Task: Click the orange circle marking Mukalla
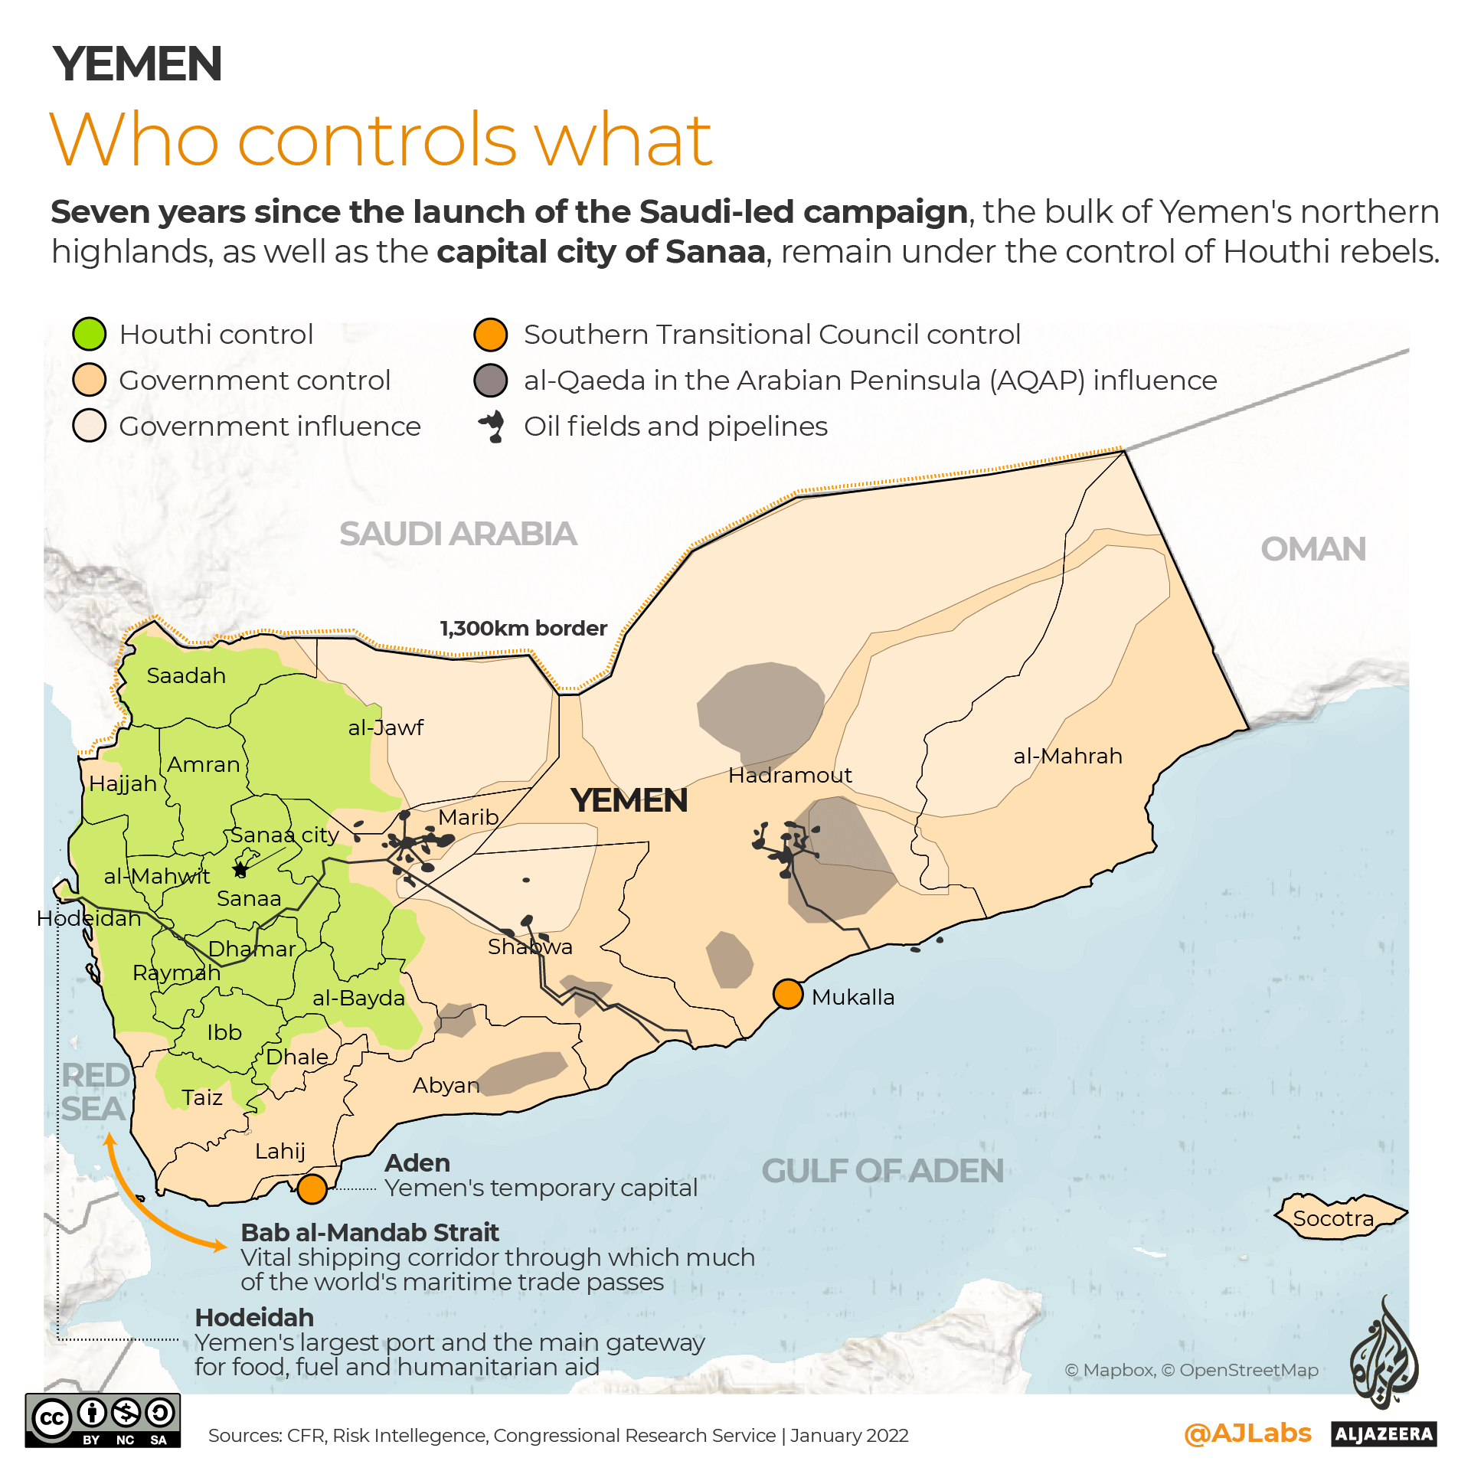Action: pos(787,994)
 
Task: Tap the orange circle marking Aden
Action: pos(312,1189)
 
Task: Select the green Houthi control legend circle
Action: pos(89,335)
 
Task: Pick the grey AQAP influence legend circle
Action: pos(490,381)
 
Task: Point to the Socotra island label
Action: pos(1333,1218)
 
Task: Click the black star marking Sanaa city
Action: pos(240,869)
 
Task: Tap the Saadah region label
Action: pos(186,676)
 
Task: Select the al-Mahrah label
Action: pos(1067,757)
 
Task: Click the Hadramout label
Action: pos(789,776)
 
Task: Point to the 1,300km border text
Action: pos(523,629)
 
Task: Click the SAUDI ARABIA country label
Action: pos(458,534)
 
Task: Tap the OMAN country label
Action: pos(1312,549)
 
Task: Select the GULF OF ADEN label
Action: pos(882,1171)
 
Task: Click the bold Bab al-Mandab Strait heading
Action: pos(370,1233)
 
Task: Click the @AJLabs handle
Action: pos(1247,1433)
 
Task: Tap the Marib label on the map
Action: pos(469,817)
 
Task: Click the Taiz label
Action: pos(202,1098)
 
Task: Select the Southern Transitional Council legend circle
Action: pos(490,335)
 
